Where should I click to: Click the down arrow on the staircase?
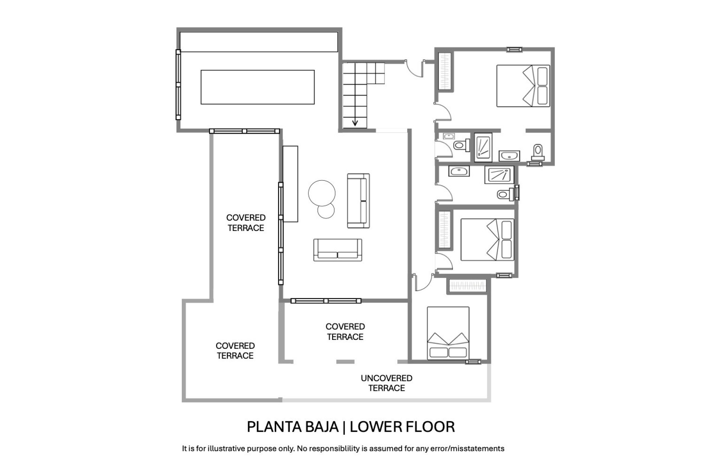click(x=355, y=122)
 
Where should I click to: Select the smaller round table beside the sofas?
click(x=326, y=210)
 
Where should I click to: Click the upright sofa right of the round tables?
click(x=358, y=200)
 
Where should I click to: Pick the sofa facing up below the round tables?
click(x=338, y=250)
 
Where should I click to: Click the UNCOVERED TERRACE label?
click(x=386, y=383)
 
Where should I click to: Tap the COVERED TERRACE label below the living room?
click(x=345, y=332)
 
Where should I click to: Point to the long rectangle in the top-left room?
click(x=258, y=87)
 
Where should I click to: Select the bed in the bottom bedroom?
click(x=448, y=333)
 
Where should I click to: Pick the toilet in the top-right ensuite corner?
click(x=538, y=152)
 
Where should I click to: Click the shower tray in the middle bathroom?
click(x=499, y=175)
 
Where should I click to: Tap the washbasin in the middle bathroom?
click(x=459, y=171)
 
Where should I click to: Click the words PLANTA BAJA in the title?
click(x=293, y=427)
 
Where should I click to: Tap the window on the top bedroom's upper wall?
click(x=514, y=49)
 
